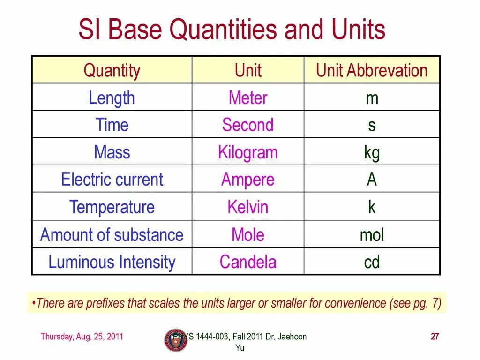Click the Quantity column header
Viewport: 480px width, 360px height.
(112, 71)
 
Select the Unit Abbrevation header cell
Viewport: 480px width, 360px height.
(372, 71)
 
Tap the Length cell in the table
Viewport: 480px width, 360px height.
(112, 98)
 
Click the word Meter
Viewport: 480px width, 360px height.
(248, 98)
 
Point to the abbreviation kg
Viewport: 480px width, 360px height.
(372, 153)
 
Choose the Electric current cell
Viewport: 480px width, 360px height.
(112, 180)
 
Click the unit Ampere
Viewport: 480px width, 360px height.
(248, 180)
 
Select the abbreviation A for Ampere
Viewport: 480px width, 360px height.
(372, 180)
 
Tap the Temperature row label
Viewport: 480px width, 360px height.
(112, 207)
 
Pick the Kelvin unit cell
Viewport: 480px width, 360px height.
(248, 207)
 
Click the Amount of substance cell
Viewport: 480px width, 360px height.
(112, 235)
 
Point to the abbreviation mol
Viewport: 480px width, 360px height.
(372, 235)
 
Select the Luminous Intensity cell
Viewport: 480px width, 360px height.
(112, 262)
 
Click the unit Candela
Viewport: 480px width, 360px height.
(248, 262)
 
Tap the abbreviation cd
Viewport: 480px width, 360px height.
(372, 262)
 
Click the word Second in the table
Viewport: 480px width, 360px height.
(248, 125)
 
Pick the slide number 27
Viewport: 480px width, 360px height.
(435, 337)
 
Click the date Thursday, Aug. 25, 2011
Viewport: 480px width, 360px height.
(82, 337)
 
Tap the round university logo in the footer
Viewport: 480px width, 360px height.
(175, 340)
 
